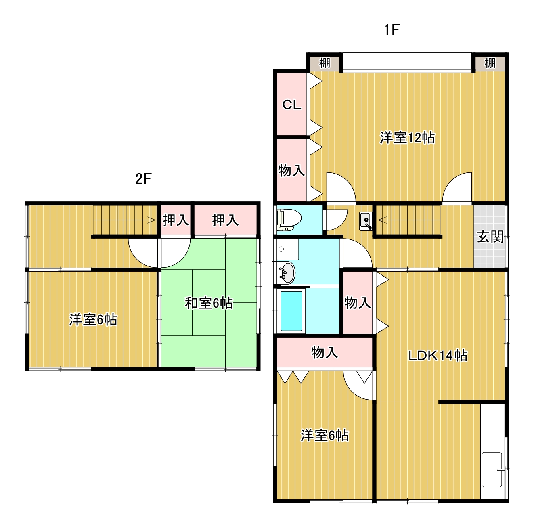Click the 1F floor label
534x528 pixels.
pyautogui.click(x=391, y=30)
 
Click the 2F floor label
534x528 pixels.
pyautogui.click(x=143, y=178)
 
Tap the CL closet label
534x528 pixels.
pyautogui.click(x=291, y=105)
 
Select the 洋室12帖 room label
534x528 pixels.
pyautogui.click(x=407, y=138)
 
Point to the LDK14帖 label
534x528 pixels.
pyautogui.click(x=438, y=356)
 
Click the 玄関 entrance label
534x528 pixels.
pyautogui.click(x=490, y=237)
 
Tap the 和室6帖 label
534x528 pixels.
pyautogui.click(x=209, y=303)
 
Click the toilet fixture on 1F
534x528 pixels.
pyautogui.click(x=289, y=220)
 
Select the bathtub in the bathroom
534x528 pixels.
pyautogui.click(x=291, y=311)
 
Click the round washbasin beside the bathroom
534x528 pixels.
pyautogui.click(x=287, y=273)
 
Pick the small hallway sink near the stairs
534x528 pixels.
pyautogui.click(x=366, y=221)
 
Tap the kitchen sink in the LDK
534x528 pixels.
pyautogui.click(x=492, y=469)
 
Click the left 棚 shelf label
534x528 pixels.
pyautogui.click(x=325, y=63)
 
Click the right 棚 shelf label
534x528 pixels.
pyautogui.click(x=490, y=63)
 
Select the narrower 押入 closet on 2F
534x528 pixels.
pyautogui.click(x=176, y=220)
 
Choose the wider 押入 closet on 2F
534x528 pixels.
pyautogui.click(x=225, y=220)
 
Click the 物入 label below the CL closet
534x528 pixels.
pyautogui.click(x=291, y=170)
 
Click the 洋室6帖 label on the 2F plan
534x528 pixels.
pyautogui.click(x=93, y=320)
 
